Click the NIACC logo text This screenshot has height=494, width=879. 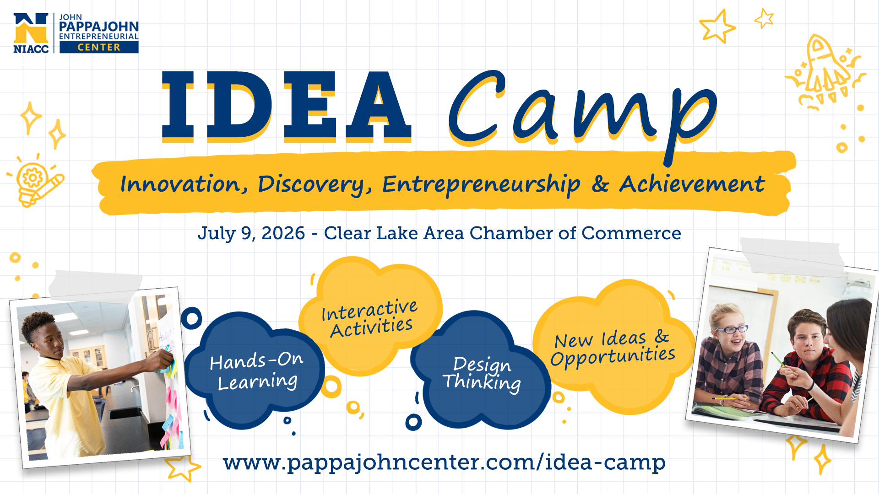coord(31,48)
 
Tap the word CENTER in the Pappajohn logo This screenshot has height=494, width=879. coord(99,47)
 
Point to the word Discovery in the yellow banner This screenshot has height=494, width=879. coord(315,185)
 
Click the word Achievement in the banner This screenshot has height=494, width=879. coord(692,184)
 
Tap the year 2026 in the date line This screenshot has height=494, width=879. coord(283,233)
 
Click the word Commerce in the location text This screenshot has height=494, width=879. coord(631,233)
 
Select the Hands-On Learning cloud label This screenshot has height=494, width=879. coord(257,371)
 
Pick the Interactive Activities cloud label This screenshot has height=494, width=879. coord(370,318)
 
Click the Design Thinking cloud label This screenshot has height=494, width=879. coord(482,374)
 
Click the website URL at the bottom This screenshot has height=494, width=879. coord(444,462)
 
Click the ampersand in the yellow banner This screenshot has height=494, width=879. coord(600,184)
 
